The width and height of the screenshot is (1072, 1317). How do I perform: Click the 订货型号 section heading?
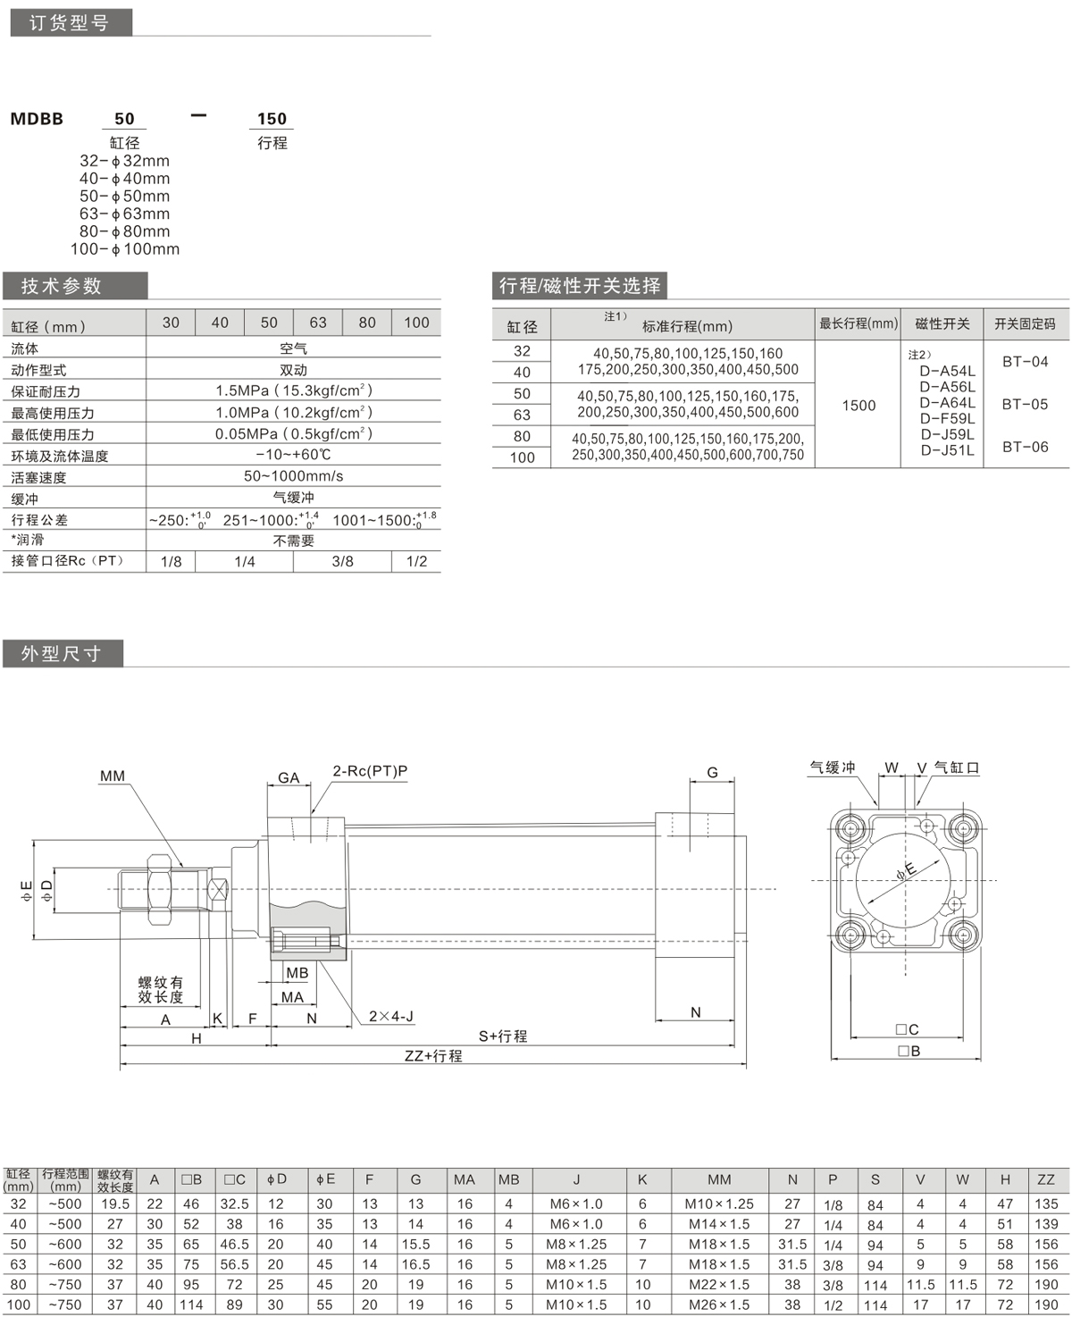pos(70,23)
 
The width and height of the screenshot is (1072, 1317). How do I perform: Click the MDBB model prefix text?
pos(37,119)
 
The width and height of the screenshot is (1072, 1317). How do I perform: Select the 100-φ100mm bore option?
pos(125,249)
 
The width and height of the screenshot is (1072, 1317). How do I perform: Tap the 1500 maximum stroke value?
pos(858,406)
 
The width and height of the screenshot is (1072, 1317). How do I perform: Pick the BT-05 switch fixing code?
pos(1025,404)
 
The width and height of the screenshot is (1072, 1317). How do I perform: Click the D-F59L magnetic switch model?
pos(947,418)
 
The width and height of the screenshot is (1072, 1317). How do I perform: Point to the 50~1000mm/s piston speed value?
pos(293,476)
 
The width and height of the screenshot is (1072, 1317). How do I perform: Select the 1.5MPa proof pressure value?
pos(293,390)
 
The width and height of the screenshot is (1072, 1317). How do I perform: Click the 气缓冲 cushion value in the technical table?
pos(293,498)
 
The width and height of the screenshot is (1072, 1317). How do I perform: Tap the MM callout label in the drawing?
pos(113,776)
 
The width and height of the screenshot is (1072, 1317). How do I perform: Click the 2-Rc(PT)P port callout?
pos(370,771)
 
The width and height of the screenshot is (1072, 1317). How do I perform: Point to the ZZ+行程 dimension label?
pos(433,1055)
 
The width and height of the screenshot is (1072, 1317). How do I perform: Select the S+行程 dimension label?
pos(503,1036)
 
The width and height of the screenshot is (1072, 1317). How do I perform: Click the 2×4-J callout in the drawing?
pos(391,1016)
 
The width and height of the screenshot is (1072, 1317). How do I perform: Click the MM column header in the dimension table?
pos(718,1179)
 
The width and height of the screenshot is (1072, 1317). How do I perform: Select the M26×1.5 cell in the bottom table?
pos(718,1305)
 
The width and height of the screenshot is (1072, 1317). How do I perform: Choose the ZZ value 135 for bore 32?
pos(1045,1204)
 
